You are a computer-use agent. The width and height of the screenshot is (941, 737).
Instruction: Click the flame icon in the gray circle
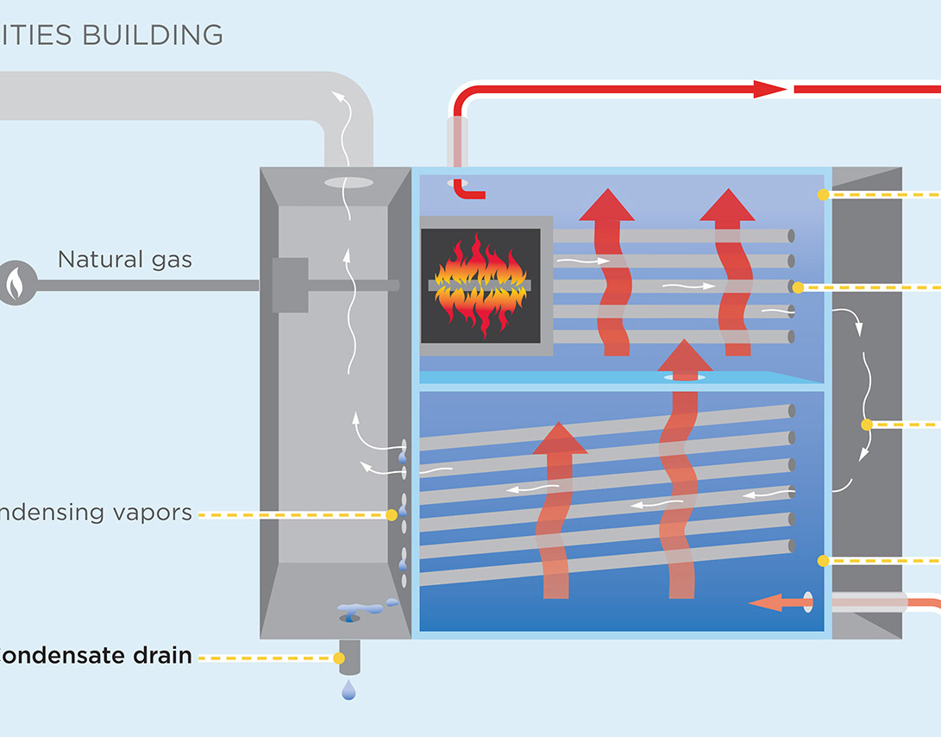tap(15, 281)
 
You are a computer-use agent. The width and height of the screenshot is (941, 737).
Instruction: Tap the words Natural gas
tap(124, 259)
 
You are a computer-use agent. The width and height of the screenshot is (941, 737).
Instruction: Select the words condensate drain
tap(96, 655)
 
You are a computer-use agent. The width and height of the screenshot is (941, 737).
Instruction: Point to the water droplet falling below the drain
tap(348, 690)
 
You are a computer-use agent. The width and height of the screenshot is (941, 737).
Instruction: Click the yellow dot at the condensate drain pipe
tap(339, 658)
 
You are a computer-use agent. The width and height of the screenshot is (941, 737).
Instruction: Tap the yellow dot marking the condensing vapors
tap(392, 515)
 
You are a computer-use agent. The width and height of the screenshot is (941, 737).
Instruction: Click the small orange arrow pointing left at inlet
tap(769, 602)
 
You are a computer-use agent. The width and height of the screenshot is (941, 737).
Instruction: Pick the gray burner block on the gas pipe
tap(290, 285)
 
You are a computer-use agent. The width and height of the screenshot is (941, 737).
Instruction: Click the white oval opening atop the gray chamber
tap(349, 182)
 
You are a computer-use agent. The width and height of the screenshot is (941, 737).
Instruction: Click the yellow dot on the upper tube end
tap(798, 287)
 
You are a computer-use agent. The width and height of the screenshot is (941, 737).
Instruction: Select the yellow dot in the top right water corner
tap(823, 195)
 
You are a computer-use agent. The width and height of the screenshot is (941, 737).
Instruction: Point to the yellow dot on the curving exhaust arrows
tap(867, 425)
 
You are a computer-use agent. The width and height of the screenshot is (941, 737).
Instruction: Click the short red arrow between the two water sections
tap(685, 359)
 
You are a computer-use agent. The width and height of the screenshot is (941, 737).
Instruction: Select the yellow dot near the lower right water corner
tap(823, 561)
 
